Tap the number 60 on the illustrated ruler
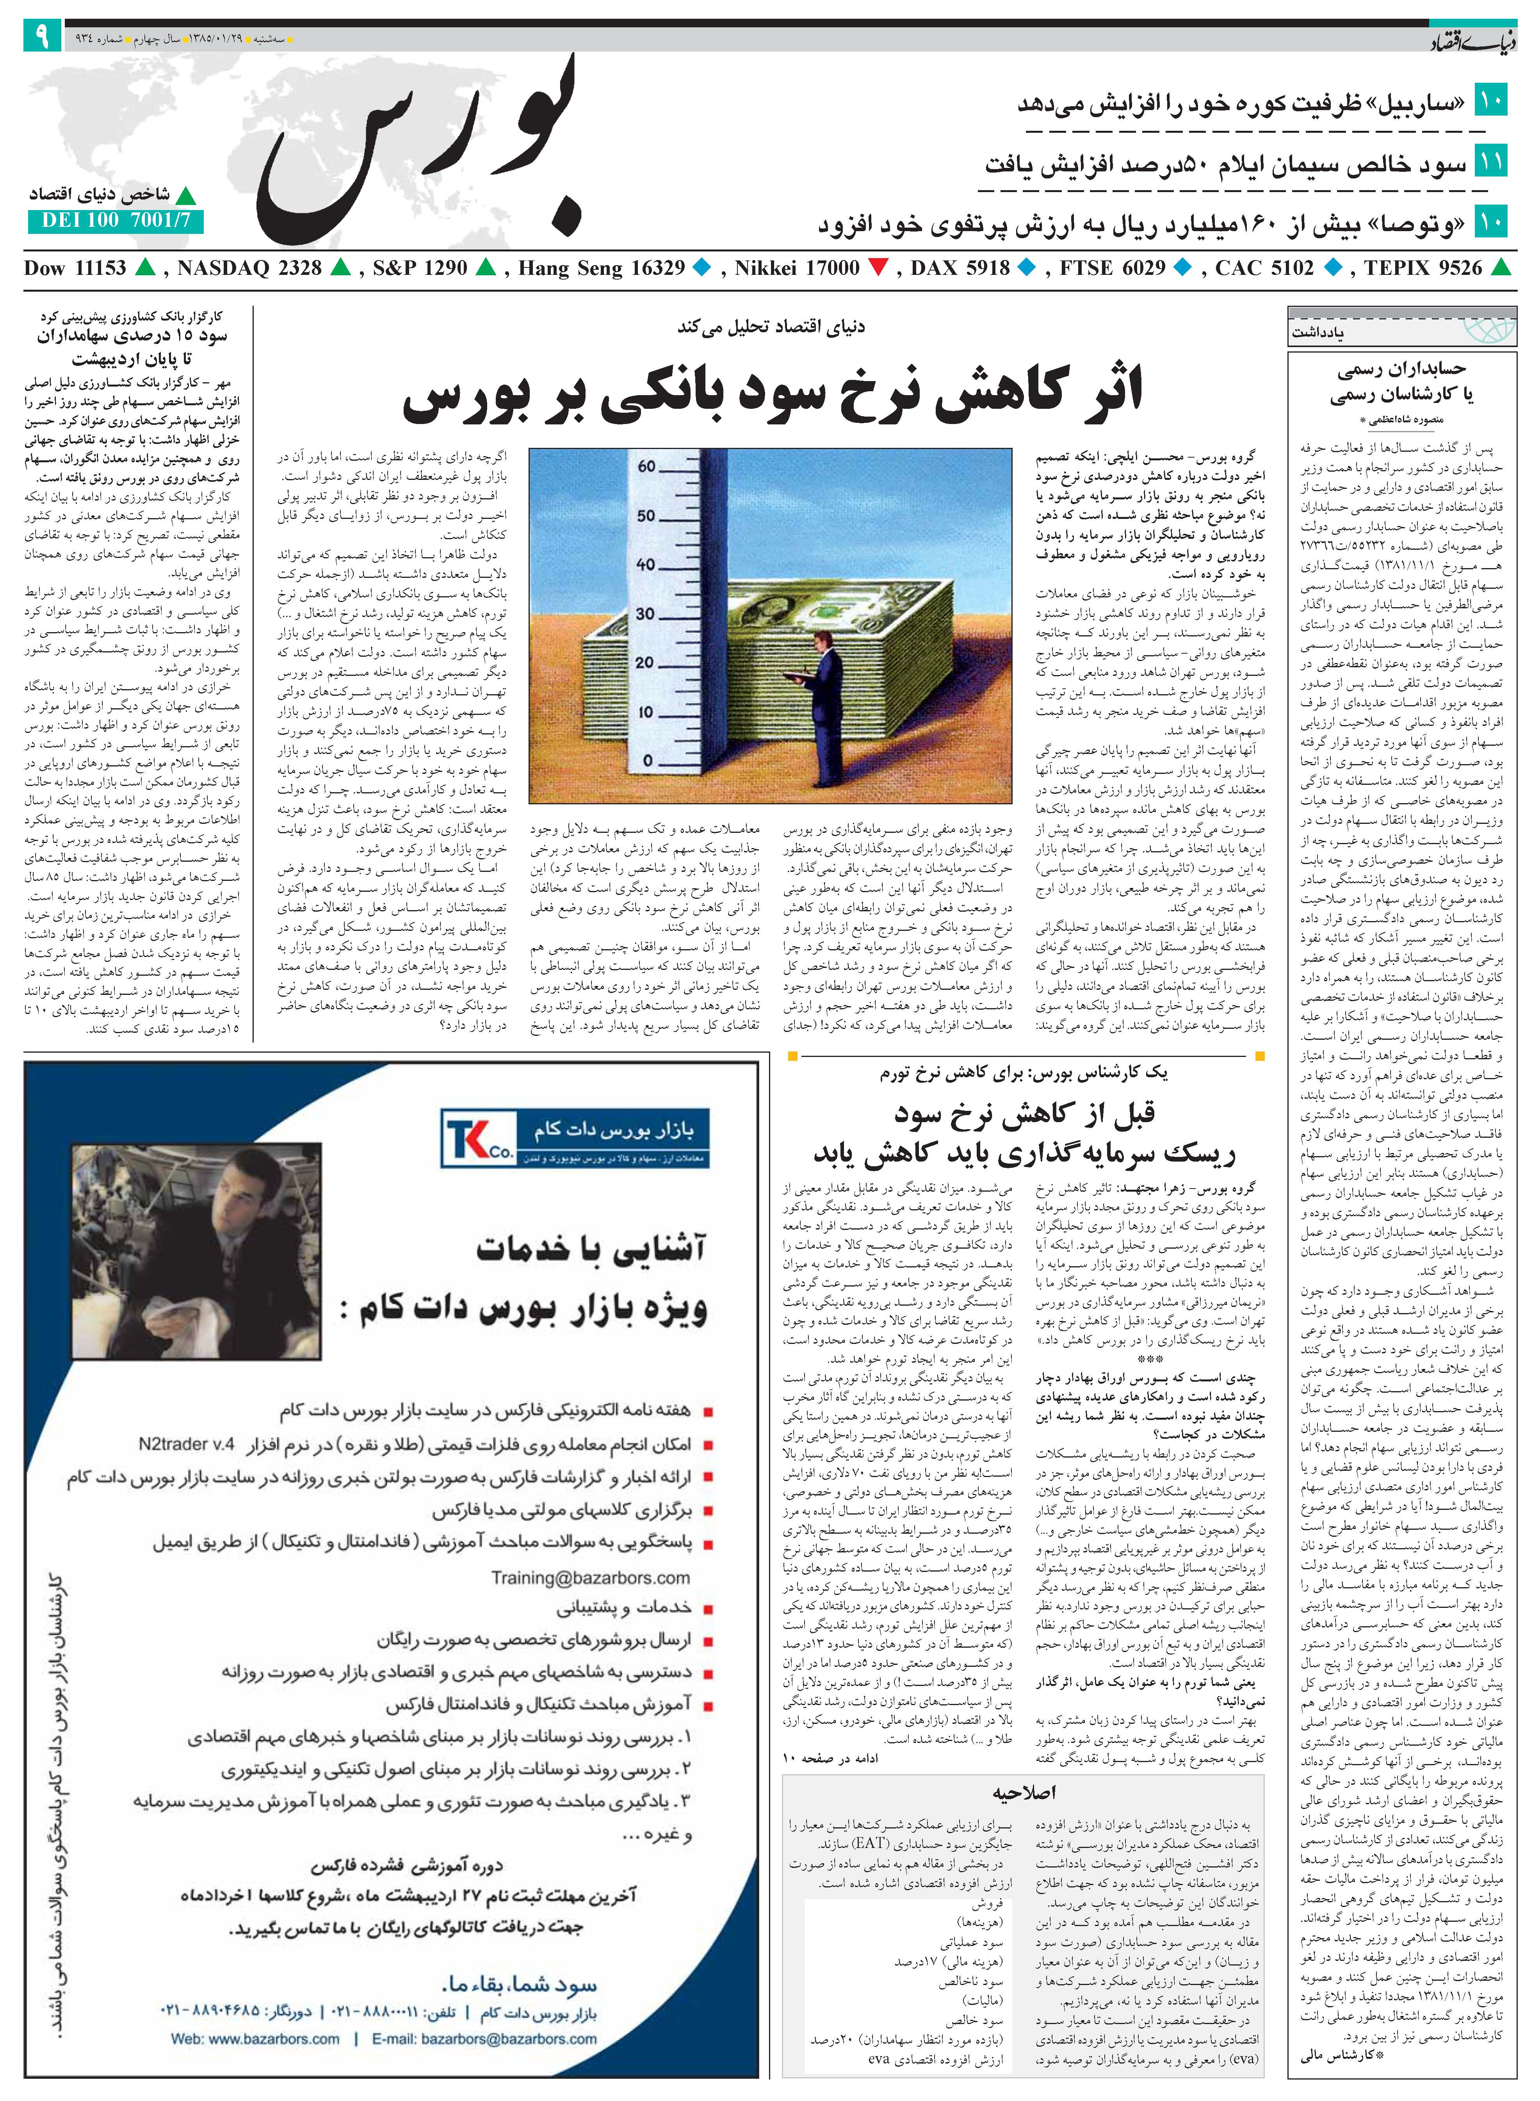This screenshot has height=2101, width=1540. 646,466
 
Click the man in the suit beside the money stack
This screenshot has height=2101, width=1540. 825,708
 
